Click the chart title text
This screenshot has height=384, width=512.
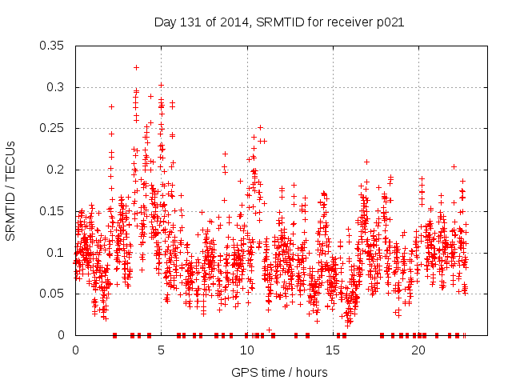pyautogui.click(x=278, y=22)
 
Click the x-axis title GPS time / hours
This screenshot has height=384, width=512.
pyautogui.click(x=279, y=372)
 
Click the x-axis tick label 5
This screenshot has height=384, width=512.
pyautogui.click(x=161, y=350)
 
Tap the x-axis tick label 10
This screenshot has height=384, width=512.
pyautogui.click(x=247, y=350)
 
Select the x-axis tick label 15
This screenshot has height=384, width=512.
pyautogui.click(x=333, y=350)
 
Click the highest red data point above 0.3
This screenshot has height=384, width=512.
pyautogui.click(x=136, y=67)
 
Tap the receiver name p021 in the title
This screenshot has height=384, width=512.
pyautogui.click(x=390, y=22)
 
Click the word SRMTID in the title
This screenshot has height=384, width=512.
pyautogui.click(x=274, y=22)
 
